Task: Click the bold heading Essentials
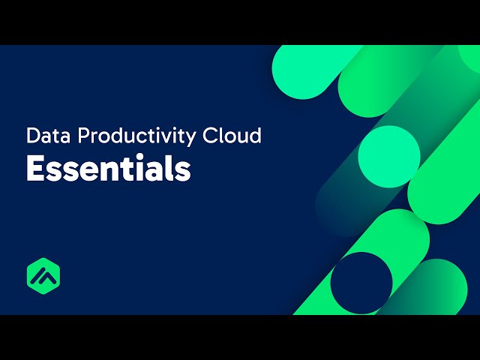coord(108,169)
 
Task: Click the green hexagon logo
coord(43,275)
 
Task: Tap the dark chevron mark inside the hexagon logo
coord(43,276)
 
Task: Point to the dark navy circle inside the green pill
coord(361,283)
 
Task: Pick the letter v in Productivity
coord(165,138)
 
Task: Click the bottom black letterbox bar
coord(240,337)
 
